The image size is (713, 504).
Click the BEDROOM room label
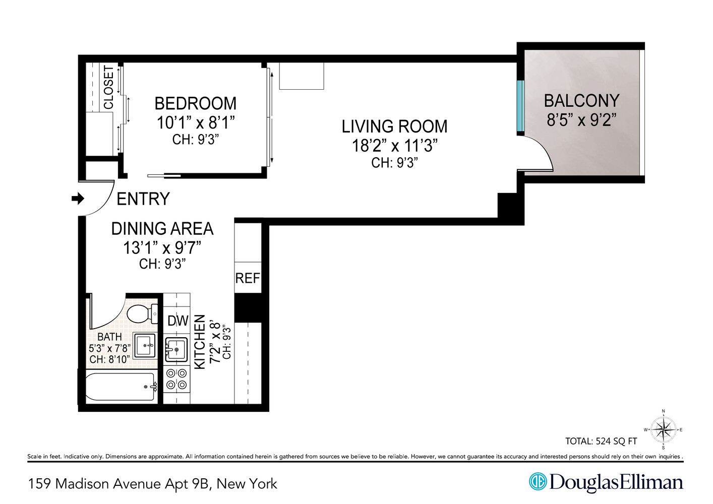[195, 104]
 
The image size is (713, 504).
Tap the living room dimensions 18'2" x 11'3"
[394, 146]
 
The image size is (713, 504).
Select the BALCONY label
[581, 101]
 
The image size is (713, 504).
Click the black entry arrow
[78, 199]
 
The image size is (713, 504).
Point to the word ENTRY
[143, 199]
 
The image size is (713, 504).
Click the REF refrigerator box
[248, 278]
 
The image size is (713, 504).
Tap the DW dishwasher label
[177, 321]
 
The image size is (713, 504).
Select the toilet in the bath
[141, 313]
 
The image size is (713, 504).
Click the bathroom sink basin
[145, 346]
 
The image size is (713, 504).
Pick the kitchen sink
[176, 349]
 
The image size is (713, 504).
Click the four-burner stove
[176, 379]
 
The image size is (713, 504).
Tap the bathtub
[120, 387]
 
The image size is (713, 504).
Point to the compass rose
[663, 430]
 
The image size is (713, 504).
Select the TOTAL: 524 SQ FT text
[601, 442]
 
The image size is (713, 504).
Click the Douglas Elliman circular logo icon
[538, 481]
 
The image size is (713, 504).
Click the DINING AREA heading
[162, 229]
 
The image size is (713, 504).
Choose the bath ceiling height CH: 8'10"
[109, 359]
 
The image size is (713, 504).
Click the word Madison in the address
[82, 484]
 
